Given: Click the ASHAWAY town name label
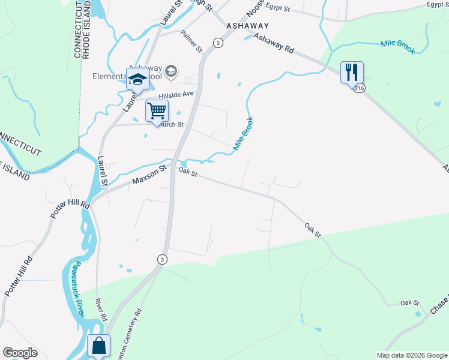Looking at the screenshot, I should (x=247, y=26).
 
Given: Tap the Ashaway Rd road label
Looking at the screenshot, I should (x=274, y=44).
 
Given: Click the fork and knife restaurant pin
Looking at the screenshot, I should (x=352, y=72).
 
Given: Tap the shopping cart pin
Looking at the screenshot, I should (x=157, y=111).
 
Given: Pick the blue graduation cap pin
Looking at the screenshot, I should (x=137, y=78).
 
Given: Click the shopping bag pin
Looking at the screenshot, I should (x=99, y=346).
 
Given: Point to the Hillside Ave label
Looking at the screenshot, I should (x=176, y=94).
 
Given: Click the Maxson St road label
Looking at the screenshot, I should (x=148, y=176).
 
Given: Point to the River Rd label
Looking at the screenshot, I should (x=101, y=309).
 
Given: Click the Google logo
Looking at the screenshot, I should (x=20, y=353).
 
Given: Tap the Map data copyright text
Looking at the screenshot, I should (x=412, y=355).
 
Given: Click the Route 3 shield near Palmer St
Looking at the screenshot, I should (x=217, y=43).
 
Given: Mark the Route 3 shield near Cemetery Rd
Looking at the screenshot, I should (x=162, y=259).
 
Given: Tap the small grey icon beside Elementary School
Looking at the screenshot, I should (x=171, y=71).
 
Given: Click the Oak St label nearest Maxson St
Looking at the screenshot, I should (x=188, y=172).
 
